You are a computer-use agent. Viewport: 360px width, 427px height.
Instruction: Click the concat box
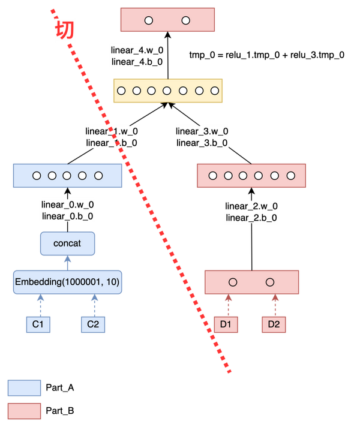click(x=67, y=243)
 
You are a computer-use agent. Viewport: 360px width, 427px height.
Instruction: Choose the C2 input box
click(x=93, y=324)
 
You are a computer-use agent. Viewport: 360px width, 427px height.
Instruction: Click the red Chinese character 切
click(x=64, y=31)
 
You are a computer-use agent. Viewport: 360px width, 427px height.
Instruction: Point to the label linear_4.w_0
click(x=137, y=50)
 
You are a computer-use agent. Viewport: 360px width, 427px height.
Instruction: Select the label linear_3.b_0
click(x=202, y=143)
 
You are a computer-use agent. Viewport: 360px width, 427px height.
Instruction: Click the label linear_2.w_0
click(x=251, y=206)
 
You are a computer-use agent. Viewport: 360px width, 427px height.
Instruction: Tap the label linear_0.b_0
click(x=67, y=216)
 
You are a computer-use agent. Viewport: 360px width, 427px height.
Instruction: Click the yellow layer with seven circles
click(x=168, y=91)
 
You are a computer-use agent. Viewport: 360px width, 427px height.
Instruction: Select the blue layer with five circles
click(x=67, y=176)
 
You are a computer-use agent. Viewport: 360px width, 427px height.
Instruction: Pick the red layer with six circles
click(x=251, y=176)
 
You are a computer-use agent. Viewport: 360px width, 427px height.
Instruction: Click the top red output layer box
click(x=167, y=20)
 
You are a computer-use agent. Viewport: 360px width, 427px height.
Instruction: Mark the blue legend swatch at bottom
click(x=24, y=388)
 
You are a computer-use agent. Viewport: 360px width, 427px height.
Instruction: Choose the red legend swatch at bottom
click(x=24, y=411)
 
